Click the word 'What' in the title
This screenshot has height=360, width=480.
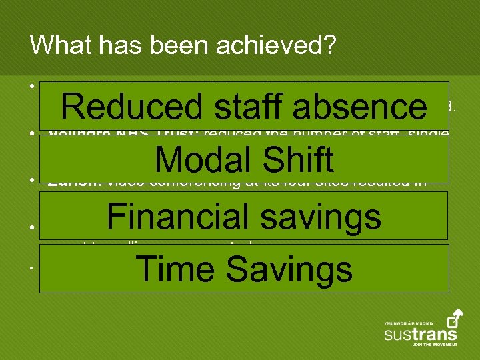(x=56, y=45)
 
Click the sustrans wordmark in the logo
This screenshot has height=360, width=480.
(x=421, y=333)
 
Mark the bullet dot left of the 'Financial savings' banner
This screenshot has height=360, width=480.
(x=32, y=227)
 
